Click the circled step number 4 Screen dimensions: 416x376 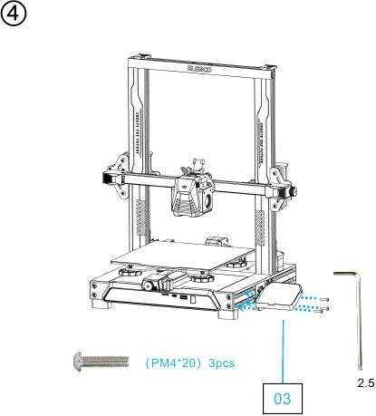pos(15,17)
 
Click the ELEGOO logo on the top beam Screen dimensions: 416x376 pos(200,65)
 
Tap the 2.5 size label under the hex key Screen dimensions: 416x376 pos(365,382)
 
